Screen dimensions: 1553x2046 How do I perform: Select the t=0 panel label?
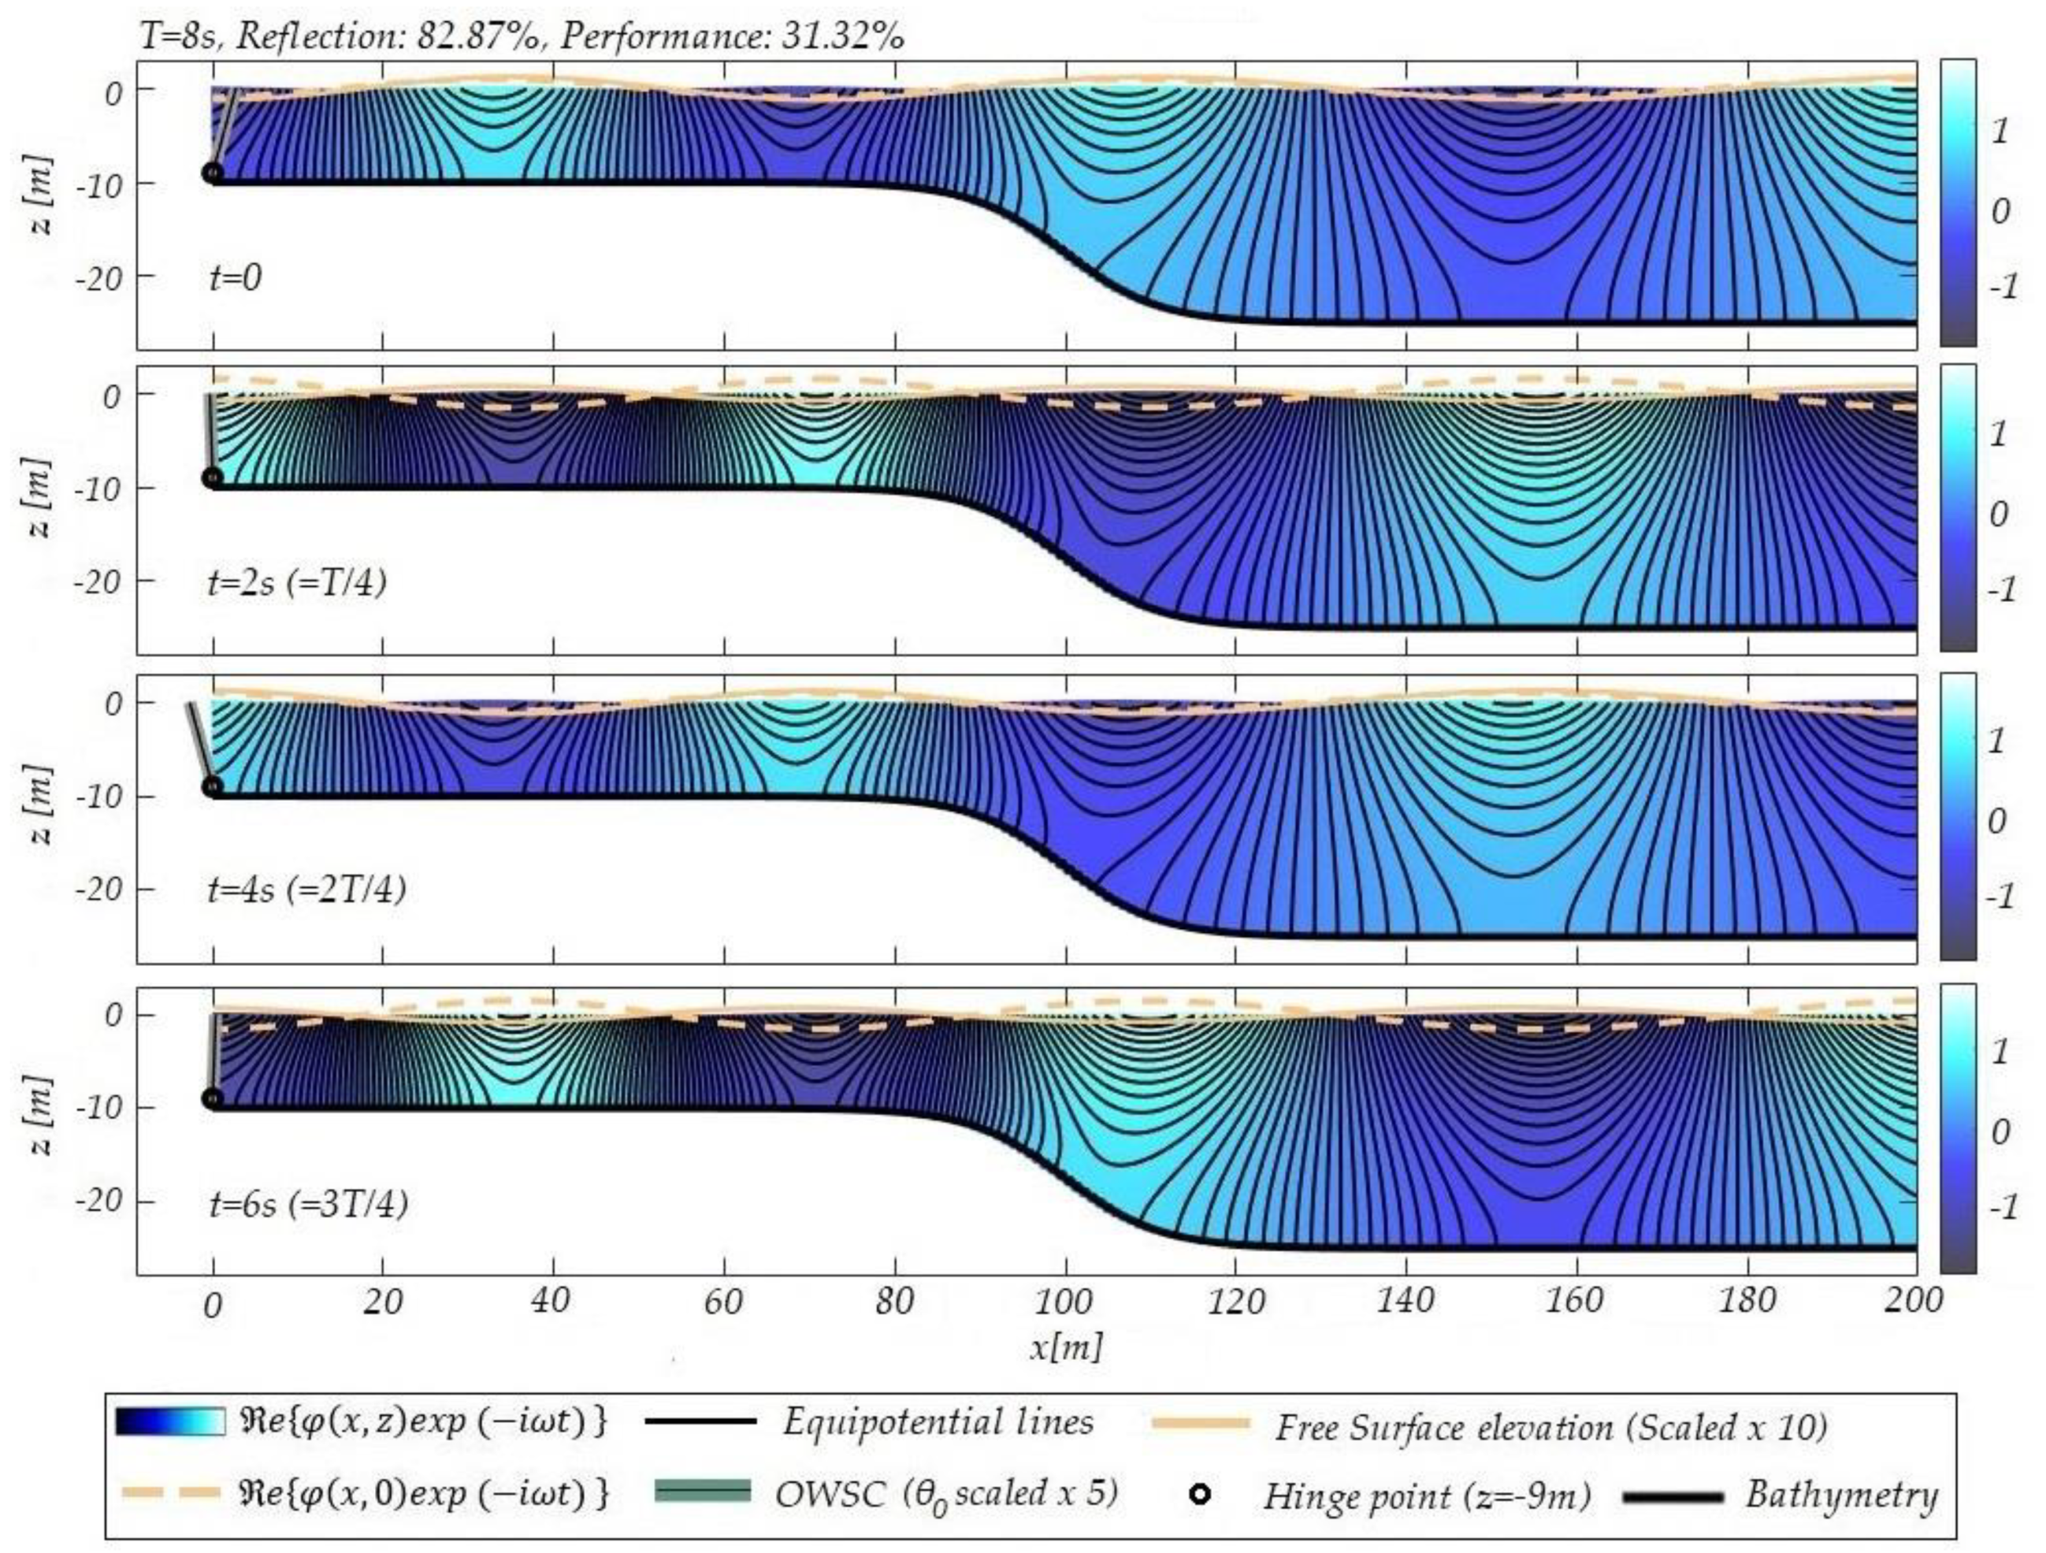pyautogui.click(x=235, y=277)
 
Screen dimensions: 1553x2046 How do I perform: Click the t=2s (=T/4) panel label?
pyautogui.click(x=297, y=584)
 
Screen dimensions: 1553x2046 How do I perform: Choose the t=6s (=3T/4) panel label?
pyautogui.click(x=307, y=1204)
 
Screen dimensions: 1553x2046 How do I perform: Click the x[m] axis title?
pyautogui.click(x=1067, y=1347)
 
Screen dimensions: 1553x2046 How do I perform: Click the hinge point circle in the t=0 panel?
pyautogui.click(x=213, y=173)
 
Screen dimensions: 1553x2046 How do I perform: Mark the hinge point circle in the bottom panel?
pyautogui.click(x=213, y=1099)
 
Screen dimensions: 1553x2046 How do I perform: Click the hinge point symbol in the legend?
pyautogui.click(x=1199, y=1494)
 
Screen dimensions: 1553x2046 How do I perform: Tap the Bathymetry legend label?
pyautogui.click(x=1840, y=1494)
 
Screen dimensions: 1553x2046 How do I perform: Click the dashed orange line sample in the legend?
pyautogui.click(x=170, y=1493)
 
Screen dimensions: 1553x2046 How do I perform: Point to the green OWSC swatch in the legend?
pyautogui.click(x=702, y=1490)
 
